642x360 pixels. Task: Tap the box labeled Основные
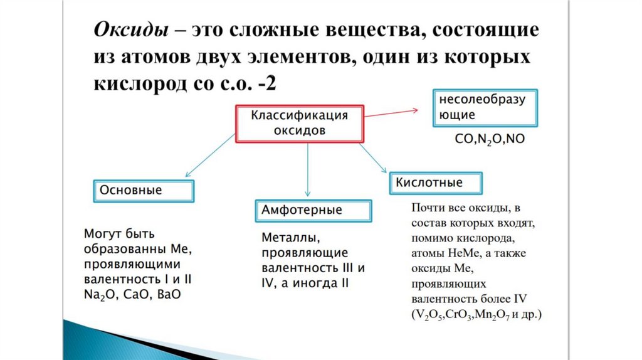coord(143,191)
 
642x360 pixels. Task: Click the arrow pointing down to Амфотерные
coord(307,169)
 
